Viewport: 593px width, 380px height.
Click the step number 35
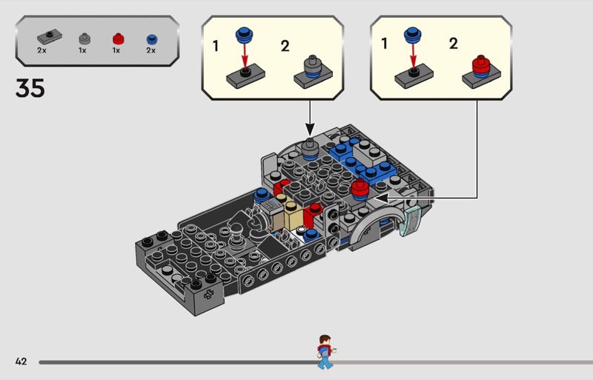[x=30, y=88]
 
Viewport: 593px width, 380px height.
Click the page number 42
[x=21, y=361]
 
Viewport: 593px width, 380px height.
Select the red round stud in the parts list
[x=116, y=38]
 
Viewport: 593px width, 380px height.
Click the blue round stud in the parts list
[x=151, y=38]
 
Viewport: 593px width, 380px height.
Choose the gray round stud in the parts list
[x=82, y=38]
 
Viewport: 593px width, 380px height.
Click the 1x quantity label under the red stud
[x=116, y=50]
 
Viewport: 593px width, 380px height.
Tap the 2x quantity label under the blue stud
[x=151, y=50]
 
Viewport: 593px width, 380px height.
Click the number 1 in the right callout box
[x=384, y=44]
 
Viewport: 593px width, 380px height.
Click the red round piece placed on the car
[x=360, y=189]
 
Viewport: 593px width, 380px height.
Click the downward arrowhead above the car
[x=309, y=130]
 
